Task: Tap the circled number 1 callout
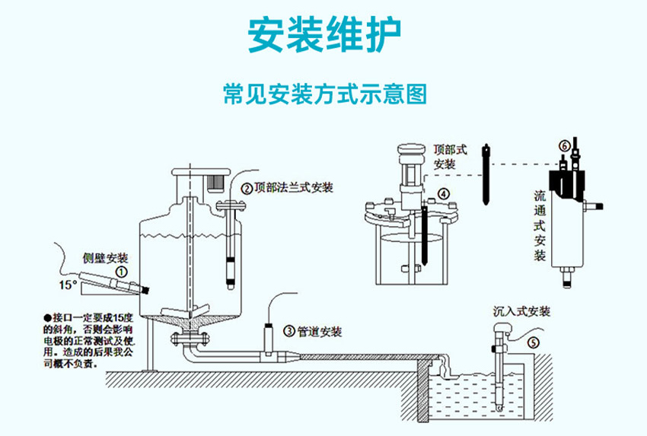pos(120,270)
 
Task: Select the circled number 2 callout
pos(246,188)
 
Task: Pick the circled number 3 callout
pos(288,331)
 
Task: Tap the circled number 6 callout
pos(563,144)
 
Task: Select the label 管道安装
pos(319,332)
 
